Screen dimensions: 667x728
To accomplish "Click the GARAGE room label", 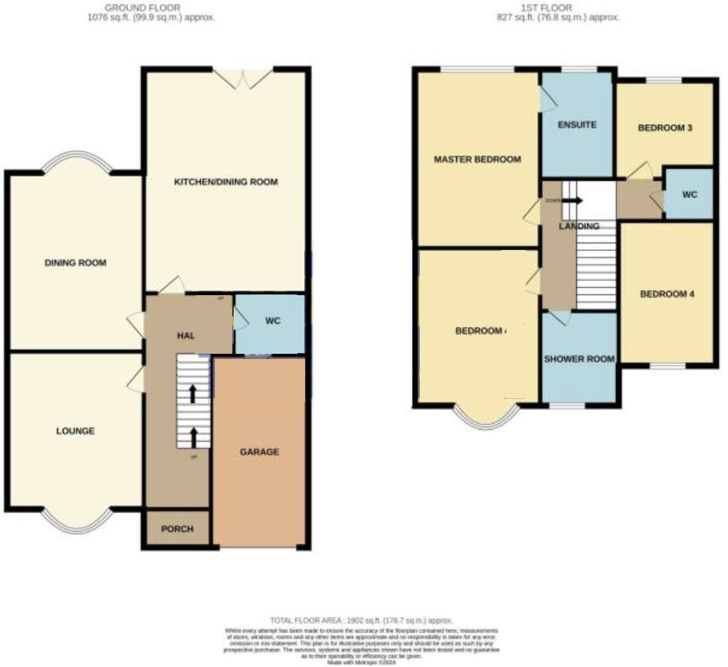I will point(259,452).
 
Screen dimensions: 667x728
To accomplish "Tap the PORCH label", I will point(177,529).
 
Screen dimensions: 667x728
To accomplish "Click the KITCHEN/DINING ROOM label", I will point(226,182).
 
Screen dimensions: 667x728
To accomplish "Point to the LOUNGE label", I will point(75,431).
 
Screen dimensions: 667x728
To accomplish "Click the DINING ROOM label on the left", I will point(75,263).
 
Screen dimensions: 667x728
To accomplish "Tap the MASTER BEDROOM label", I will point(477,159).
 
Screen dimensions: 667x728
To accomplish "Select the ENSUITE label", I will point(577,125).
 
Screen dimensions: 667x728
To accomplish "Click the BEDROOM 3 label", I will point(665,128).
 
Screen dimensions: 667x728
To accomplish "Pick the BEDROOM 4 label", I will point(667,294).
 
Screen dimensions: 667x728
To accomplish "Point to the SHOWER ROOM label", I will point(579,359).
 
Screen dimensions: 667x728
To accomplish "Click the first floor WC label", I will point(690,195).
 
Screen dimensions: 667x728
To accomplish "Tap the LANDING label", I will point(578,226).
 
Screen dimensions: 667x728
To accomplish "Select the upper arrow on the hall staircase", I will point(193,393).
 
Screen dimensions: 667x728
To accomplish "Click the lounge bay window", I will point(77,519).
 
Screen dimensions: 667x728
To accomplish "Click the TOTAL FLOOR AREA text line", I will point(363,620).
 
